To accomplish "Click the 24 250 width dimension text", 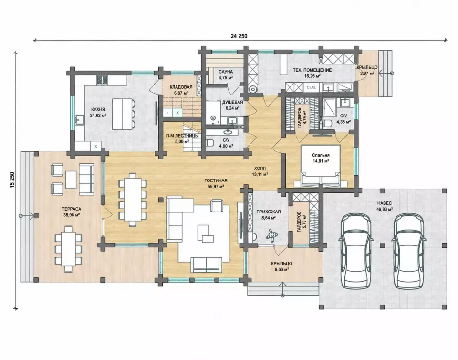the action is tap(239, 36).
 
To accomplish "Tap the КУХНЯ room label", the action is tap(98, 109).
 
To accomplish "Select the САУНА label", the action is tap(226, 72).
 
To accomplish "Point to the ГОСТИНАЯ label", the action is tap(216, 180).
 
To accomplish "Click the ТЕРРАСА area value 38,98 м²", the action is tap(72, 215).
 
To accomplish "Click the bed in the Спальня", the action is tap(321, 166).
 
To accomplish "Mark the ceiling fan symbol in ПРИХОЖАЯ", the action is tap(271, 234).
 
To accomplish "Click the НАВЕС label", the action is tap(385, 203).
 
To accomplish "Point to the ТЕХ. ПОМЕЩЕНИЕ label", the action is tap(312, 70).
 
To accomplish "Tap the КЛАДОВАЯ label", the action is tap(181, 87).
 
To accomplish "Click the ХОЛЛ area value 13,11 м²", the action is tap(260, 174).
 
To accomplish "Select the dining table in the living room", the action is tap(132, 199).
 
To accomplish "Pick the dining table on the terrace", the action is tap(68, 249).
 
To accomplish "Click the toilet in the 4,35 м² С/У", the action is tap(328, 123).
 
